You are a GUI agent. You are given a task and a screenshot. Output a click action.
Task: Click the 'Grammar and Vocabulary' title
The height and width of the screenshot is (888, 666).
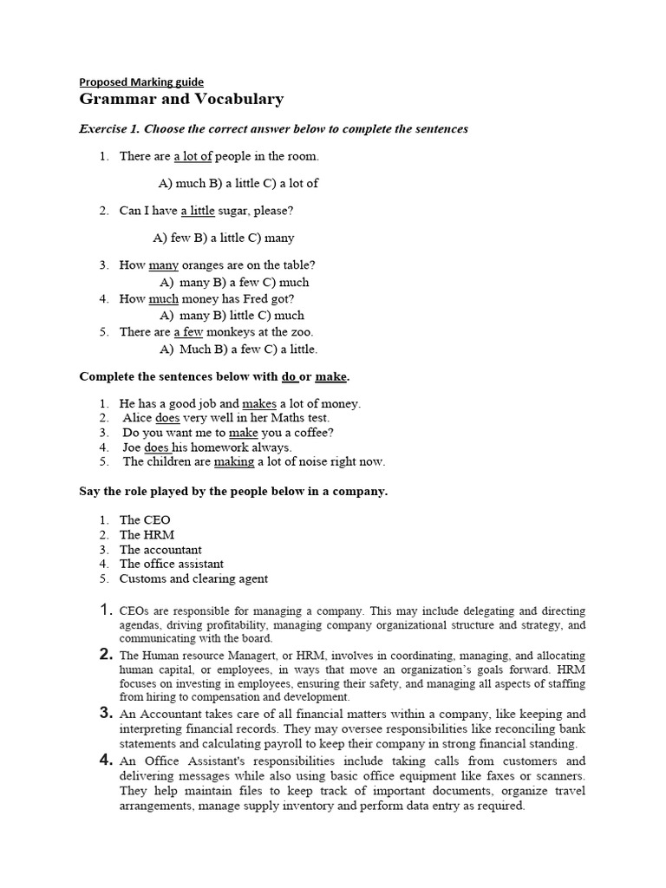pyautogui.click(x=181, y=100)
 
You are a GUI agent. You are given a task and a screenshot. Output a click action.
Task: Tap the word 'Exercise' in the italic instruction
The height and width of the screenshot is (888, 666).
pyautogui.click(x=103, y=129)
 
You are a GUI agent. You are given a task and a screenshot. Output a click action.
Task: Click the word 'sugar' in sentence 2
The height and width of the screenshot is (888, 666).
pyautogui.click(x=235, y=211)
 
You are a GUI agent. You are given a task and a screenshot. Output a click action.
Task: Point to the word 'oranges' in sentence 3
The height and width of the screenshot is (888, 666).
pyautogui.click(x=205, y=265)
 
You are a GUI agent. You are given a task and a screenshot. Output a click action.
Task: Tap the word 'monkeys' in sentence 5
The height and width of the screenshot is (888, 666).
pyautogui.click(x=232, y=332)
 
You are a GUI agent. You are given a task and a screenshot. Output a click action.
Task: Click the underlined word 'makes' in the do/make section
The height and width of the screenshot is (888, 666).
pyautogui.click(x=258, y=403)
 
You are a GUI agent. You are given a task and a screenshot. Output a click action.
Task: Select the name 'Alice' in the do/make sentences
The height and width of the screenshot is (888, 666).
pyautogui.click(x=138, y=418)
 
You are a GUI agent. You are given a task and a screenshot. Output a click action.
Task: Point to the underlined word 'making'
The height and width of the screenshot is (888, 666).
pyautogui.click(x=234, y=462)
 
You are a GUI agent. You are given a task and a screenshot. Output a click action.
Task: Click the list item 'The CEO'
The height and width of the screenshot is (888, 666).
pyautogui.click(x=145, y=520)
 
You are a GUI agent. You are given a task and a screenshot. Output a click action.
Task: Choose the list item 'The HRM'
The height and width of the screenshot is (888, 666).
pyautogui.click(x=147, y=535)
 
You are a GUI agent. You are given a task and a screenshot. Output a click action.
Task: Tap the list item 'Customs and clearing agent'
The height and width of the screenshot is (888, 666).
pyautogui.click(x=193, y=578)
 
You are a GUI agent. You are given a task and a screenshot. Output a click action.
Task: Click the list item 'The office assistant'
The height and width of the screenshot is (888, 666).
pyautogui.click(x=171, y=564)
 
